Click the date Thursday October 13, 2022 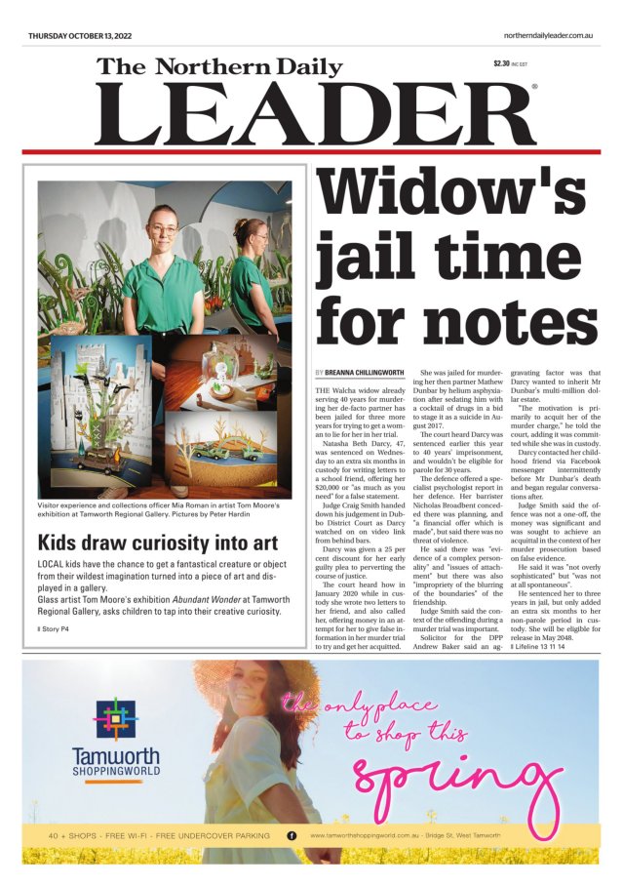pos(80,36)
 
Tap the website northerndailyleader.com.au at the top pos(549,36)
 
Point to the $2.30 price pos(501,64)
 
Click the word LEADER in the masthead pos(312,115)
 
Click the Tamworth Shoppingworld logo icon pos(116,717)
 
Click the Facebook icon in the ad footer pos(292,836)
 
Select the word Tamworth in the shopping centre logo pos(116,754)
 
